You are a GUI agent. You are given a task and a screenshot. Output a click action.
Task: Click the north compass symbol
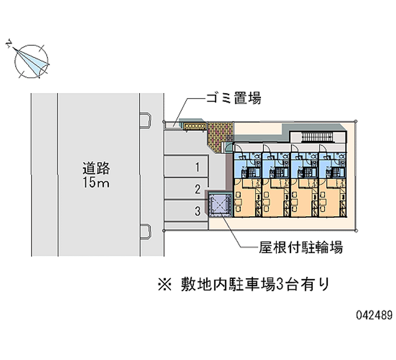click(x=31, y=61)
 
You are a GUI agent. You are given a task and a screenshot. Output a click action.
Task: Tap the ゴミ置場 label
click(x=234, y=98)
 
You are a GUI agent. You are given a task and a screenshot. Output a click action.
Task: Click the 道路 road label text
click(x=96, y=168)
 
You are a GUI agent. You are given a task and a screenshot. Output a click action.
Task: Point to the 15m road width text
click(x=96, y=182)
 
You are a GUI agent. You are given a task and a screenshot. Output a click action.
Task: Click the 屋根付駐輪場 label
click(x=300, y=247)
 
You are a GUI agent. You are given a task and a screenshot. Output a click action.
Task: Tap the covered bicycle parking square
click(x=220, y=204)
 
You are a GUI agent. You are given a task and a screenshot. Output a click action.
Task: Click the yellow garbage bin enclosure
click(x=195, y=126)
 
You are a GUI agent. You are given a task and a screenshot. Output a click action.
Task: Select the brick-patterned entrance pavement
click(x=219, y=136)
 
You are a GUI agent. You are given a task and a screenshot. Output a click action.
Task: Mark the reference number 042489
click(x=375, y=315)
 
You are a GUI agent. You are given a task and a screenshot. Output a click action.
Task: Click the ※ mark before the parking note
click(x=165, y=284)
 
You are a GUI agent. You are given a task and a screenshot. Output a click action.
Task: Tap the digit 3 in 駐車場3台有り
click(x=279, y=284)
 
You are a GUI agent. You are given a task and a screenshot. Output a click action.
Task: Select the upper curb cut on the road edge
click(x=146, y=120)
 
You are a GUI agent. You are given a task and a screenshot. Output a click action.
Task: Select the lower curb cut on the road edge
click(x=146, y=231)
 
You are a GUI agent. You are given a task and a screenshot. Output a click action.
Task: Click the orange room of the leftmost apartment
click(x=247, y=198)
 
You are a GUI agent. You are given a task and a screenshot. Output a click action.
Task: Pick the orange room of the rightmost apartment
click(x=332, y=198)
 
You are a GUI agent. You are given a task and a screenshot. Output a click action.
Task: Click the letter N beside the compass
click(x=9, y=44)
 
